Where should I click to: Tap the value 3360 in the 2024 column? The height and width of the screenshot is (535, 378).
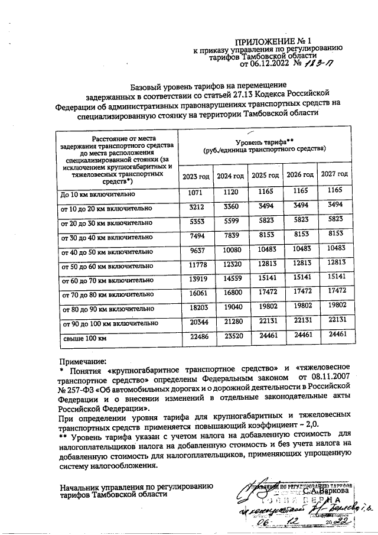[230, 206]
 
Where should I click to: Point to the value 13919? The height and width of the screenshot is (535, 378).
[195, 278]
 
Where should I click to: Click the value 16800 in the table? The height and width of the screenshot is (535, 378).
[230, 292]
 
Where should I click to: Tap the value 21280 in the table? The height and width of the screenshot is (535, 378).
[230, 322]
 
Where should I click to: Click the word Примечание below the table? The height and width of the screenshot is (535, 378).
[83, 361]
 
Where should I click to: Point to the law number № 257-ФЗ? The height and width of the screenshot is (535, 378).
[80, 387]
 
